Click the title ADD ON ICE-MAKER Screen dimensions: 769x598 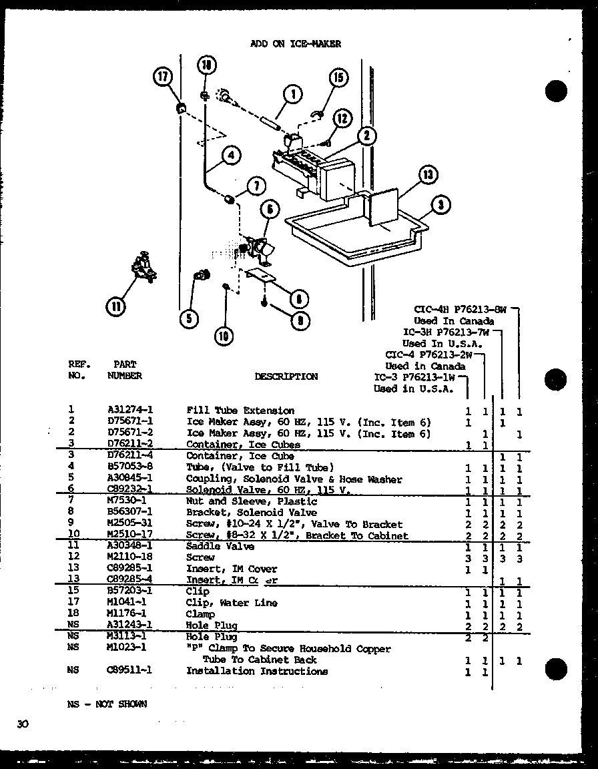pos(295,44)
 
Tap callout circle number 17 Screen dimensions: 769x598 pos(162,77)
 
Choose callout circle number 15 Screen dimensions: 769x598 pos(339,78)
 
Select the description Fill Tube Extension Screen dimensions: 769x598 pos(240,411)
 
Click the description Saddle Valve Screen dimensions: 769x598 pos(220,546)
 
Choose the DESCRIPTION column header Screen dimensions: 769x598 pos(286,376)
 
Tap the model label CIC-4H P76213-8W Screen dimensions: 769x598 pos(461,310)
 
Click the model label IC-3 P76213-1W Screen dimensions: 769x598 pos(420,377)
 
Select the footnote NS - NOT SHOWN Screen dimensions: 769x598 pos(107,704)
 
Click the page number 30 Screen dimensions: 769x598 pos(23,724)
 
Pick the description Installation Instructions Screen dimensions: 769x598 pos(256,671)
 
